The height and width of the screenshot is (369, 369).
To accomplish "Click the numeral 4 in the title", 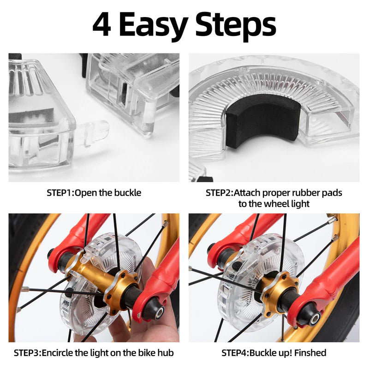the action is [101, 25].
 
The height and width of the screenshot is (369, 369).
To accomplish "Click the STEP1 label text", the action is [60, 193].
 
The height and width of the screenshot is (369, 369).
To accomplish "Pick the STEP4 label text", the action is [235, 353].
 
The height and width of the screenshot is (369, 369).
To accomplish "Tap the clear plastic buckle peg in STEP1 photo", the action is [94, 132].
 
